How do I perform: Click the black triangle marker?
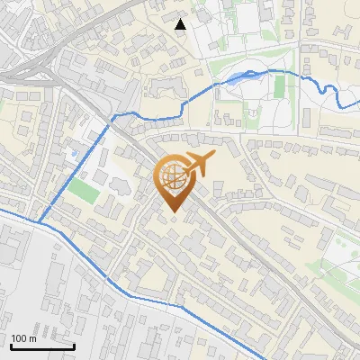181,24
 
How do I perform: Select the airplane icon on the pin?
199,165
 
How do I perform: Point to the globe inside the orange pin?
173,177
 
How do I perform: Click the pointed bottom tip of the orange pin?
174,212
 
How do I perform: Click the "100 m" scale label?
23,339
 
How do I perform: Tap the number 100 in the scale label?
19,339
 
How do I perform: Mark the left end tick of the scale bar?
10,345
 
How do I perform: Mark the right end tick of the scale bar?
75,345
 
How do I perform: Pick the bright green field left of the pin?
84,191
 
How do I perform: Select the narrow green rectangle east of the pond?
279,86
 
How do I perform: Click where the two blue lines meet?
38,221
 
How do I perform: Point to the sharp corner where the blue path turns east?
112,117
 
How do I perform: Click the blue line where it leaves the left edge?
2,211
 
